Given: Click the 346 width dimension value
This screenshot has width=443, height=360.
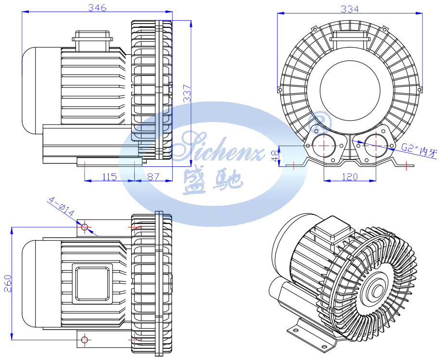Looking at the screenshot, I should point(97,7).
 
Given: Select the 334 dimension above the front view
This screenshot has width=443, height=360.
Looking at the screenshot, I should point(350,9).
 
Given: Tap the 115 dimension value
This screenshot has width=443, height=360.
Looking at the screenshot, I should point(109,176).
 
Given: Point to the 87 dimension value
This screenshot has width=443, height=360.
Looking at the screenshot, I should point(153,176).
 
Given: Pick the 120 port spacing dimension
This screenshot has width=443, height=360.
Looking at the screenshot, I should point(349,176).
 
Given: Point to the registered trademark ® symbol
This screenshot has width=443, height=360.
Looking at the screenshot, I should point(319,121).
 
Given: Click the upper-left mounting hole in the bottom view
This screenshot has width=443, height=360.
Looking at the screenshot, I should point(85,226).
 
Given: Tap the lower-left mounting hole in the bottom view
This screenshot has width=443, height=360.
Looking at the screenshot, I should point(85,340).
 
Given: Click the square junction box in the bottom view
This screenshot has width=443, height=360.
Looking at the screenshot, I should point(91,283).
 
